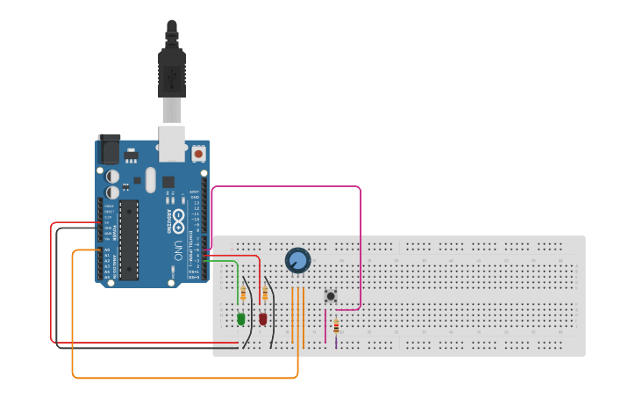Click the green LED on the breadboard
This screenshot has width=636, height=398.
[241, 319]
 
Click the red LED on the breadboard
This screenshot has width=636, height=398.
[263, 319]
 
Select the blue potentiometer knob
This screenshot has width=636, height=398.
[297, 260]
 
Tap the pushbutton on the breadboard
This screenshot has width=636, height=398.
[331, 296]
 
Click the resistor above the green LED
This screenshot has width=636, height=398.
[243, 293]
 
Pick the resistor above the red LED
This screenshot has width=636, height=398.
[265, 293]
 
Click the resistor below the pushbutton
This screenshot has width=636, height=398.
[336, 328]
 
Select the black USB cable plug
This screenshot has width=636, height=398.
[171, 75]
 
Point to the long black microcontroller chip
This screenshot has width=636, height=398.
[129, 239]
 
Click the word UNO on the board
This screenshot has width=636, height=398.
[177, 243]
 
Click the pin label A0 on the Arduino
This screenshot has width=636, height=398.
[107, 250]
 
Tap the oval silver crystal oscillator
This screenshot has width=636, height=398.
[150, 180]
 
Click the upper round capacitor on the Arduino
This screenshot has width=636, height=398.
[113, 176]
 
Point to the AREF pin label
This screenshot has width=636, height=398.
[195, 192]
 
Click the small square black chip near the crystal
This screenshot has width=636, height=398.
[168, 182]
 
